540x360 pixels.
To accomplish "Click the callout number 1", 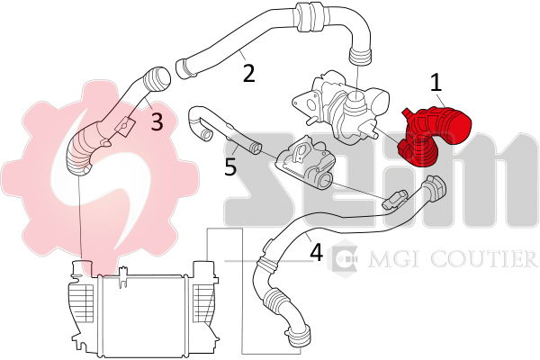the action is click(436, 83).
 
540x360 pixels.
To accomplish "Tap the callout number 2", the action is click(249, 73).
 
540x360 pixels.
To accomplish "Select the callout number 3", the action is click(157, 121).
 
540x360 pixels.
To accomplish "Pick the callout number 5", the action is click(230, 166).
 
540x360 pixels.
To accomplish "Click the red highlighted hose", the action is click(435, 136).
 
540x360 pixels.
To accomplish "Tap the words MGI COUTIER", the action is click(452, 259).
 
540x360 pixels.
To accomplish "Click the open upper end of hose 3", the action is click(161, 79).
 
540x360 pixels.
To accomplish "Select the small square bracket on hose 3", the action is click(124, 125).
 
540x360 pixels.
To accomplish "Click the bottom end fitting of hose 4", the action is click(299, 336).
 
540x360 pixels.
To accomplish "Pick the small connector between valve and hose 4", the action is click(393, 200).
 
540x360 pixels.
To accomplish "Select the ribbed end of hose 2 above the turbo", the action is click(361, 56).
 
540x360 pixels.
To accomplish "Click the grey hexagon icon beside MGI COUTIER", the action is click(342, 257).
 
